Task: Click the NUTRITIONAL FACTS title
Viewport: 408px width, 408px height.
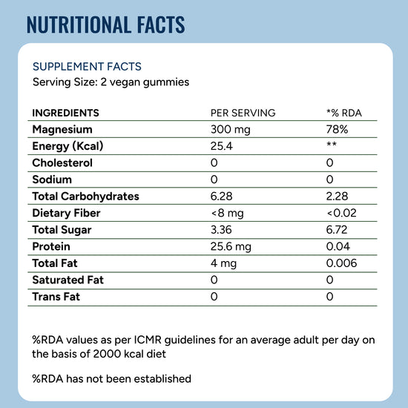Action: tap(105, 24)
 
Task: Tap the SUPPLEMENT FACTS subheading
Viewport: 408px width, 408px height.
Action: tap(87, 67)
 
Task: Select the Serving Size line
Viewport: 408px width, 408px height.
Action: tap(111, 82)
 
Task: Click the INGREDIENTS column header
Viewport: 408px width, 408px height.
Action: tap(65, 113)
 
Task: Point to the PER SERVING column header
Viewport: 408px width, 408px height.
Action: tap(243, 113)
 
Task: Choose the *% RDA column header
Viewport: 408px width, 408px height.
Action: tap(344, 113)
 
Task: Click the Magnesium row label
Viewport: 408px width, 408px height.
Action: tap(62, 129)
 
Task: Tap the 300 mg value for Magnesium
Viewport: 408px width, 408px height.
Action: tap(230, 130)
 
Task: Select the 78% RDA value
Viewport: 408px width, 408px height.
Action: tap(337, 129)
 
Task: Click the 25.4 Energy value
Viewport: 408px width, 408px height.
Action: tap(222, 146)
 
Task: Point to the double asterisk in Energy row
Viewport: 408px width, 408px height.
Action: tap(332, 144)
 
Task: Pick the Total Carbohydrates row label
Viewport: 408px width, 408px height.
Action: tap(85, 197)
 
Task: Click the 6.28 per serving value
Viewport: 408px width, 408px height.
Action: tap(221, 197)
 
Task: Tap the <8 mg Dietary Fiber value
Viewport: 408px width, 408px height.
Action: tap(228, 214)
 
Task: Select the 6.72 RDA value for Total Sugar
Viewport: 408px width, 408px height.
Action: tap(337, 230)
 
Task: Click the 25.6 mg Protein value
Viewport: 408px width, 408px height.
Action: tap(231, 247)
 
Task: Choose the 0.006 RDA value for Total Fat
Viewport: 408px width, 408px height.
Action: tap(341, 263)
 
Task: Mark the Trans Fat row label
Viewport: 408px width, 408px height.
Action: tap(56, 297)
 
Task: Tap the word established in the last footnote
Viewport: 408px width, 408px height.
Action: tap(162, 379)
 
